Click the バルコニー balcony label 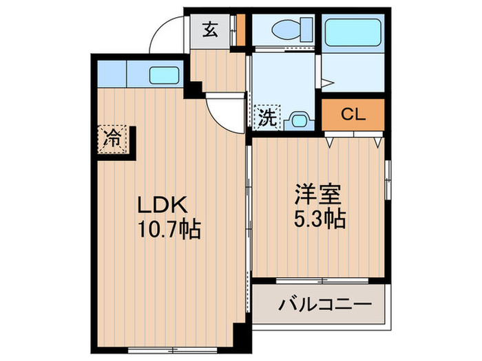click(325, 304)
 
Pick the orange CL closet click(353, 115)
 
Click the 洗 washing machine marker click(267, 117)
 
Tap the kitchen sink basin click(165, 74)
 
